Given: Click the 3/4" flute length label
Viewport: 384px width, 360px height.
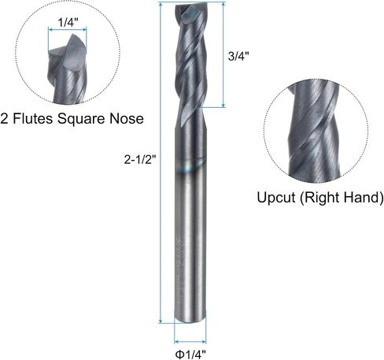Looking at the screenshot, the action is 238,56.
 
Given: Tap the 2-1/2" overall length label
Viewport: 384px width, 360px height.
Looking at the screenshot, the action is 140,159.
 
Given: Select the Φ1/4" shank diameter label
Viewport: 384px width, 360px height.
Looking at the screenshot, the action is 190,354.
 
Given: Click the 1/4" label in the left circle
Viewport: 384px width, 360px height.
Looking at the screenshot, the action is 68,23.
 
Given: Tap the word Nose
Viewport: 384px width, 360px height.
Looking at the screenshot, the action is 127,119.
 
